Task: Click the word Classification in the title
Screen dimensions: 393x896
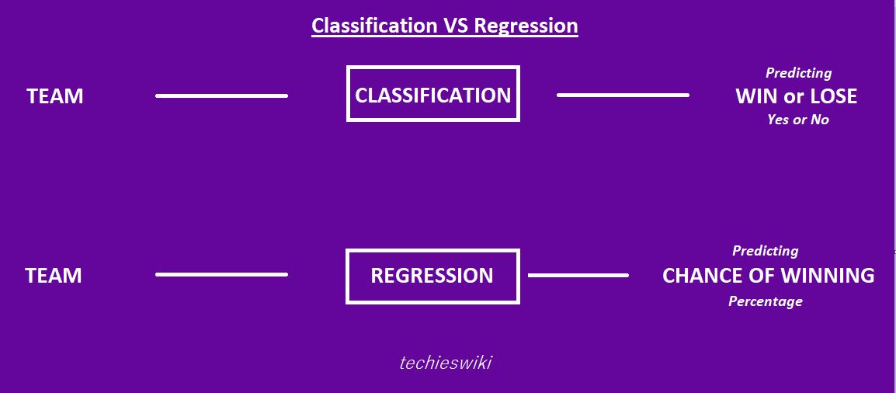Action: tap(374, 26)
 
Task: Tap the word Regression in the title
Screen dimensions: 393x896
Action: tap(526, 26)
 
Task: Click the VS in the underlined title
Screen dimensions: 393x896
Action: tap(456, 26)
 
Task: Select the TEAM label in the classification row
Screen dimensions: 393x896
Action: tap(55, 96)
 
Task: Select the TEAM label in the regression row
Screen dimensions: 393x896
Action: tap(54, 276)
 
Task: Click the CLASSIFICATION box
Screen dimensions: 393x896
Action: tap(432, 94)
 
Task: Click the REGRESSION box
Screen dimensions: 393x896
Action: tap(432, 276)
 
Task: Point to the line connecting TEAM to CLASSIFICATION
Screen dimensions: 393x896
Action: tap(221, 96)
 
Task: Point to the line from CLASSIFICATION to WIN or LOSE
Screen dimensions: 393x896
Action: tap(623, 95)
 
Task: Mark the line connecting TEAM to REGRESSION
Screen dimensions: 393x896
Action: tap(221, 274)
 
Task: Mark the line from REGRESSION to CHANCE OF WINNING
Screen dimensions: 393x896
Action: tap(578, 275)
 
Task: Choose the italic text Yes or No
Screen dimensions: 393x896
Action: tap(798, 120)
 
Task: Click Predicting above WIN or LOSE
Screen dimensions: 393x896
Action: tap(798, 73)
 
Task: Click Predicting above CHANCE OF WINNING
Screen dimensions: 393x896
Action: tap(765, 251)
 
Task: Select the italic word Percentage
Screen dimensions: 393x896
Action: tap(765, 301)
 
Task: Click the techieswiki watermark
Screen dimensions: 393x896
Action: tap(446, 363)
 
